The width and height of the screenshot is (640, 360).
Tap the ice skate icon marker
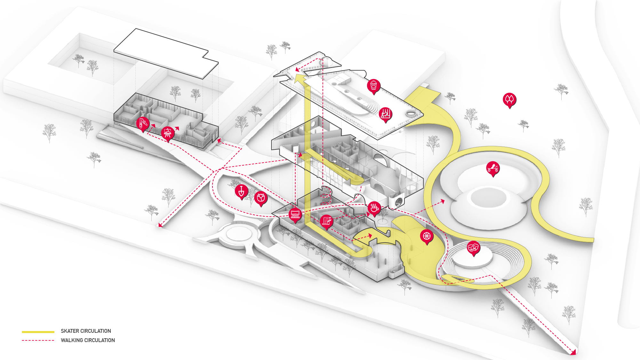tap(385, 114)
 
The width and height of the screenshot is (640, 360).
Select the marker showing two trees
tap(509, 100)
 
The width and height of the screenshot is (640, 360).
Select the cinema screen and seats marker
tap(295, 215)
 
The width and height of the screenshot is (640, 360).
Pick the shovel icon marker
tap(241, 192)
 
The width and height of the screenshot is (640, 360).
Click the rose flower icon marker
tap(261, 198)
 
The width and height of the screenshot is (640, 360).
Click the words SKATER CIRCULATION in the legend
tap(86, 331)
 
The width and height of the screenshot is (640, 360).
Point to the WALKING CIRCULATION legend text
tap(88, 340)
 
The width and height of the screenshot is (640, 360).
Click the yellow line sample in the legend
tap(38, 332)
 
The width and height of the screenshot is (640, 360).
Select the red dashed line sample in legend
tap(38, 340)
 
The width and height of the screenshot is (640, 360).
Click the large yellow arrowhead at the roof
tap(300, 79)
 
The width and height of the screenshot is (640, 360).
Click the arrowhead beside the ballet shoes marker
tap(154, 126)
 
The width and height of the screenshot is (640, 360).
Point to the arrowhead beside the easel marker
tap(177, 129)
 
